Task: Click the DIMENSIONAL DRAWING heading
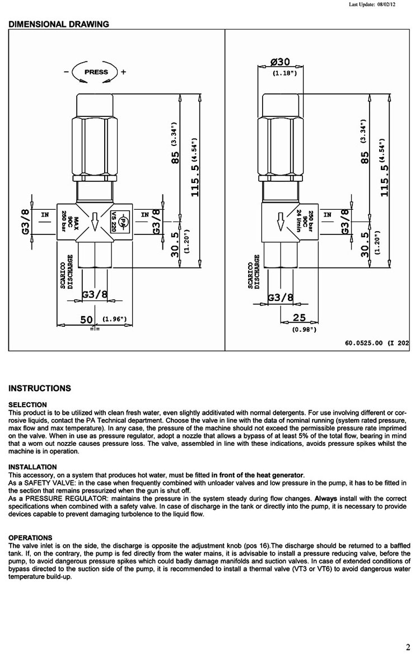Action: coord(58,24)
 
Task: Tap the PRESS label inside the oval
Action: coord(96,72)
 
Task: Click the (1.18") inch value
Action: coord(284,73)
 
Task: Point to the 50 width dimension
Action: coord(86,319)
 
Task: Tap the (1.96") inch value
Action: coord(115,319)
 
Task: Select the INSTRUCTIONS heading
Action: coord(40,388)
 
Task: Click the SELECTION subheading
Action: coord(28,404)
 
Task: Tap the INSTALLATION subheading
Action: coord(32,467)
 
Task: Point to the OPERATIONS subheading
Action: coord(30,538)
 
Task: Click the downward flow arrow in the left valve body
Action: coord(95,220)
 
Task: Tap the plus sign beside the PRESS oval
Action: coord(123,72)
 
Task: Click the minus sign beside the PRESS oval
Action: coord(67,72)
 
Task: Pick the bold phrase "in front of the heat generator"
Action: coord(258,475)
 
